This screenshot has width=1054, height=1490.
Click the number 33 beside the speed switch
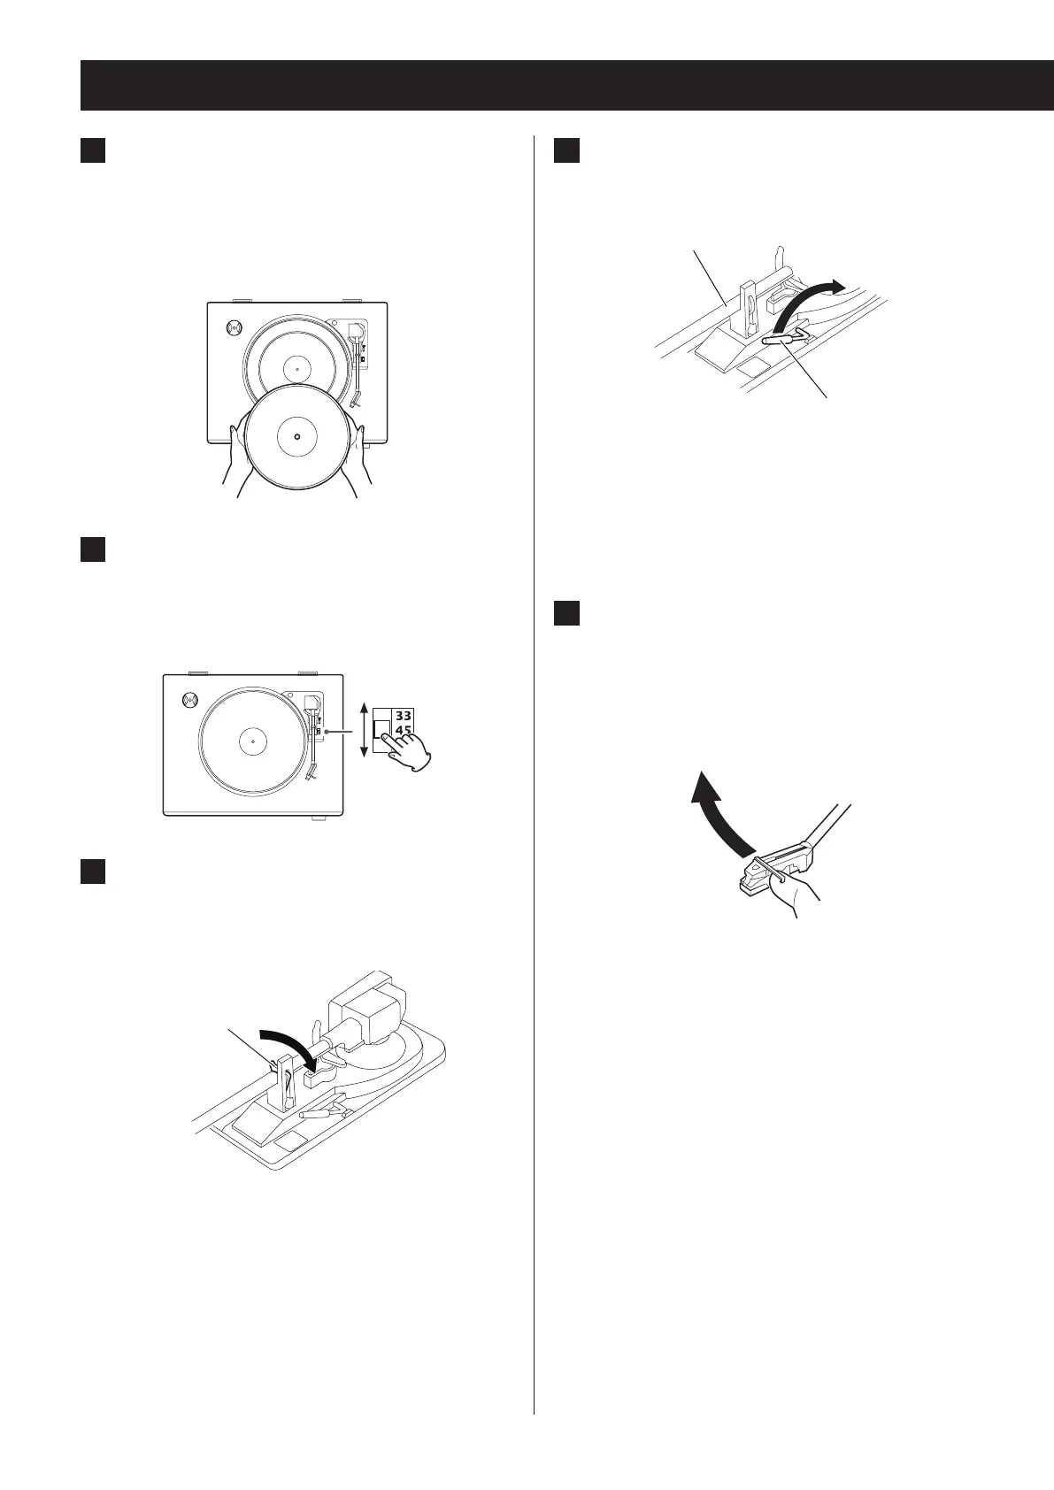403,715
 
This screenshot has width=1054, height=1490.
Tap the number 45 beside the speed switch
403,732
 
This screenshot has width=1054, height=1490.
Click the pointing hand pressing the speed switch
408,751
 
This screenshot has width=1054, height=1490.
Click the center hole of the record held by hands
296,436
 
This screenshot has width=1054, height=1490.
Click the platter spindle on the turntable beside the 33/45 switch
252,740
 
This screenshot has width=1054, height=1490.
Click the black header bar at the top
566,85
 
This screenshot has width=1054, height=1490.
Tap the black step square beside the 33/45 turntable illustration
93,549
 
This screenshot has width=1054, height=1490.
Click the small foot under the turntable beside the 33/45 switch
317,818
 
